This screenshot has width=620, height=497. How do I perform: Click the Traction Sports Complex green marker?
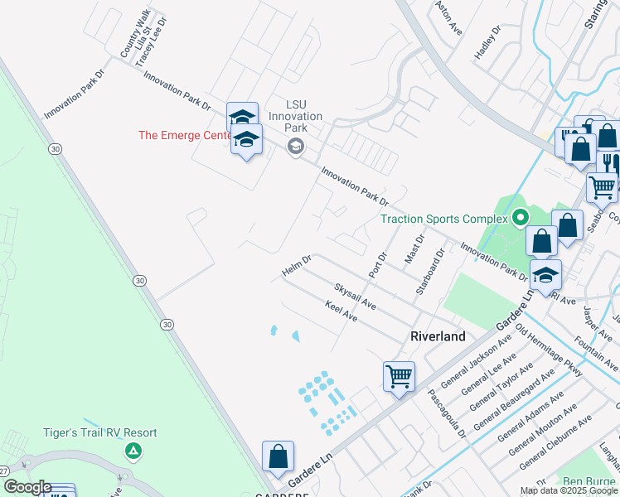coord(520,219)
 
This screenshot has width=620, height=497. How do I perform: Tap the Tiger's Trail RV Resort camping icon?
coord(132,451)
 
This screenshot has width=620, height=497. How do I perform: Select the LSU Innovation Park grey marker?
coord(295,147)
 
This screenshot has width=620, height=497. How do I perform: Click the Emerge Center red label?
coord(184,135)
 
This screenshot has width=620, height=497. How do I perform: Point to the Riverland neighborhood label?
coord(438,336)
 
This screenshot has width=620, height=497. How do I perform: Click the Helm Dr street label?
coord(296,266)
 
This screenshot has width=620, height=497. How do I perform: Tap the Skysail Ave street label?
coord(355,297)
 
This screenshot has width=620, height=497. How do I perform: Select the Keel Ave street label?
coord(341,312)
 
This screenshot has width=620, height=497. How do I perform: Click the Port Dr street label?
coord(377,264)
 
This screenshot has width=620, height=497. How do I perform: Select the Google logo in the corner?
coord(27,487)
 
